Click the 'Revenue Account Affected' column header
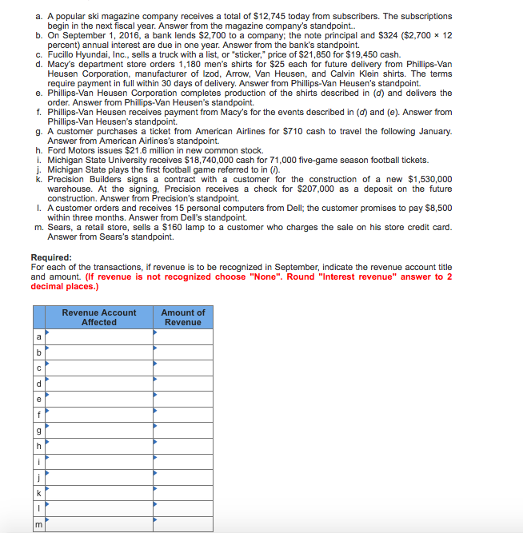99,317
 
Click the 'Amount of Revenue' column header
183,317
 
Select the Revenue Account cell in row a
99,337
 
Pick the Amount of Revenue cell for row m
183,523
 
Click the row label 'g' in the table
38,430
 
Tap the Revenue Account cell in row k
99,492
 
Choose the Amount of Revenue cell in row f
183,415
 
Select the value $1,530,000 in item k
421,179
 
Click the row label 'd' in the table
38,384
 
